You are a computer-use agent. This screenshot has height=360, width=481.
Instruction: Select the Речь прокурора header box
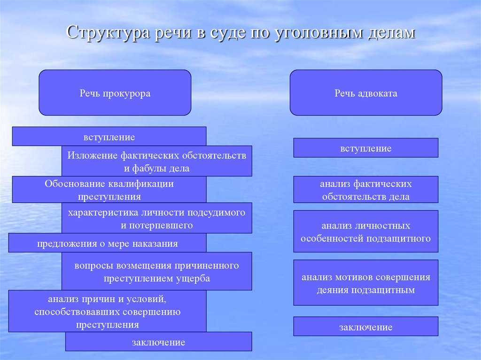coord(115,93)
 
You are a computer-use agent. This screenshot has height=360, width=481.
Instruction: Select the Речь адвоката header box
coord(365,93)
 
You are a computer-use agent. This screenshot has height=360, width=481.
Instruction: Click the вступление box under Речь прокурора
coord(109,137)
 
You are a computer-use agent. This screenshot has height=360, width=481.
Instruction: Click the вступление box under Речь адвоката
coord(365,148)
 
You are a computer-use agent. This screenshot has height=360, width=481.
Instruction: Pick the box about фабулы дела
coord(156,161)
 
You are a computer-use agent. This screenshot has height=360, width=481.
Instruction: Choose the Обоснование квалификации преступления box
coord(109,190)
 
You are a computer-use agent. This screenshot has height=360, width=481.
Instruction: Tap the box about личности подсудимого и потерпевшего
coord(156,218)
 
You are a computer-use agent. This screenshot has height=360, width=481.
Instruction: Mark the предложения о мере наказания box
coord(107,243)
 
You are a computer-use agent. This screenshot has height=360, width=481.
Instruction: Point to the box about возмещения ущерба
coord(156,271)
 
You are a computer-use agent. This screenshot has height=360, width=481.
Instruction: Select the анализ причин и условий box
coord(107,311)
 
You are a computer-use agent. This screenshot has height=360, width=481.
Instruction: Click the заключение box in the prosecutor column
coord(158,342)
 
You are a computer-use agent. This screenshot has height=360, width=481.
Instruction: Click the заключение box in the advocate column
coord(365,326)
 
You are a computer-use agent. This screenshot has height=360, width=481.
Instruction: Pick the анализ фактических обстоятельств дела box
coord(365,190)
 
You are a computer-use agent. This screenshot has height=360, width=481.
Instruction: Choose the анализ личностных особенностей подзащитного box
coord(365,232)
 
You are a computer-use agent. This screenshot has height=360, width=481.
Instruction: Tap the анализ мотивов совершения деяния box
coord(365,283)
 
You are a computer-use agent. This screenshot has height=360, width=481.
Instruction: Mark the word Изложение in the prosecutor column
coord(92,155)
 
